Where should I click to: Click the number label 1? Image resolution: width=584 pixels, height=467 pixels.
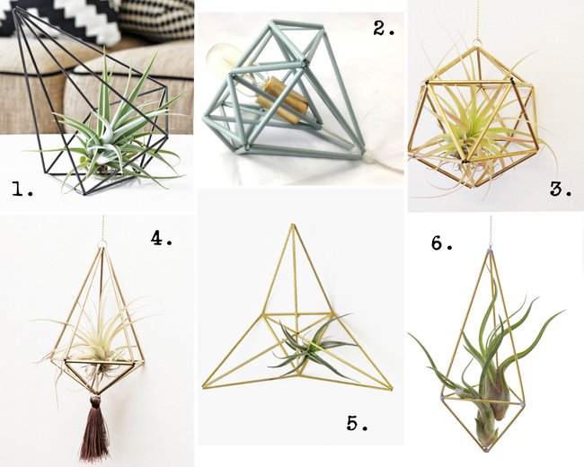coord(22,189)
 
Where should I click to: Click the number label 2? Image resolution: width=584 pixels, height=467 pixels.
coord(384,28)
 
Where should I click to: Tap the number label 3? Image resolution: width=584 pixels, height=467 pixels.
coord(561,189)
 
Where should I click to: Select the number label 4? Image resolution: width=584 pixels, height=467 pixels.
coord(161,238)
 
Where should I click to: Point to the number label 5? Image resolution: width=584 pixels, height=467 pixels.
coord(358,423)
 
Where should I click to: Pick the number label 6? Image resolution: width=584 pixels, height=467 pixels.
coord(442,242)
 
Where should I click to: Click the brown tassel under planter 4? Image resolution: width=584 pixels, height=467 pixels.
coord(94,428)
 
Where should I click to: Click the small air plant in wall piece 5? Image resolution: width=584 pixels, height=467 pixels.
coord(312,347)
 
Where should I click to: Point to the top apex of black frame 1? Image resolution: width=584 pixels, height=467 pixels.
coord(15,9)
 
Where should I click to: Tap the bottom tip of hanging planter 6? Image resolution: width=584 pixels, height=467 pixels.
coord(485,450)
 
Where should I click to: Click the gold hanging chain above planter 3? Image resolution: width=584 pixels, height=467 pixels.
coord(476,19)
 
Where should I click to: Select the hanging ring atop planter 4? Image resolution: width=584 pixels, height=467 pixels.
coord(102,245)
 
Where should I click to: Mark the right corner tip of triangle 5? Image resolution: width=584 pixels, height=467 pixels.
coord(391,389)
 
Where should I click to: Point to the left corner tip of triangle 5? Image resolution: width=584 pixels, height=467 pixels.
coord(203,387)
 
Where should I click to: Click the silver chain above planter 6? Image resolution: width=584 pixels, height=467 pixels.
coord(490,231)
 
